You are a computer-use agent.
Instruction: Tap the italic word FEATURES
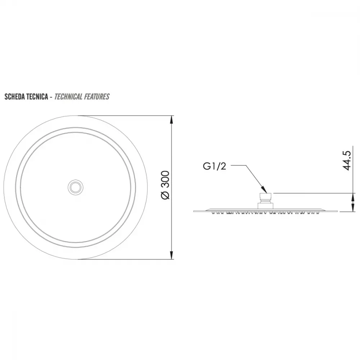[x=96, y=96]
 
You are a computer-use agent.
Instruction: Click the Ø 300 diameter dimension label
[x=166, y=185]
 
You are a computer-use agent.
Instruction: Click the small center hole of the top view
[x=76, y=188]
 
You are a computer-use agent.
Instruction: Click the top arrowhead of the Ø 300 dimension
[x=171, y=120]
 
